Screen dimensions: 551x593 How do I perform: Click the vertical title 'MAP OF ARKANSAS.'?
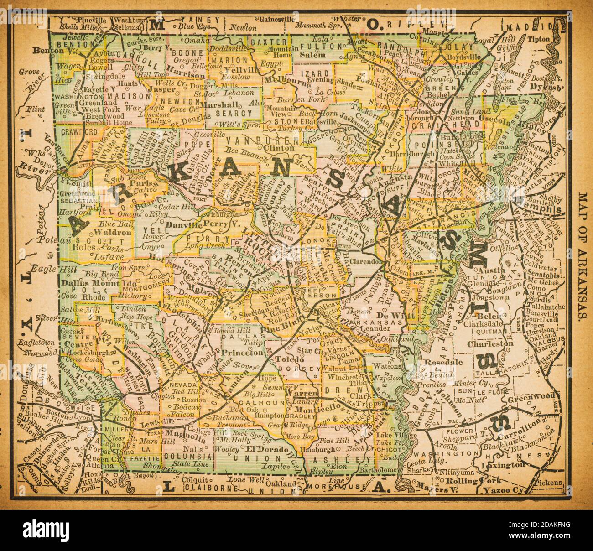[583, 258]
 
